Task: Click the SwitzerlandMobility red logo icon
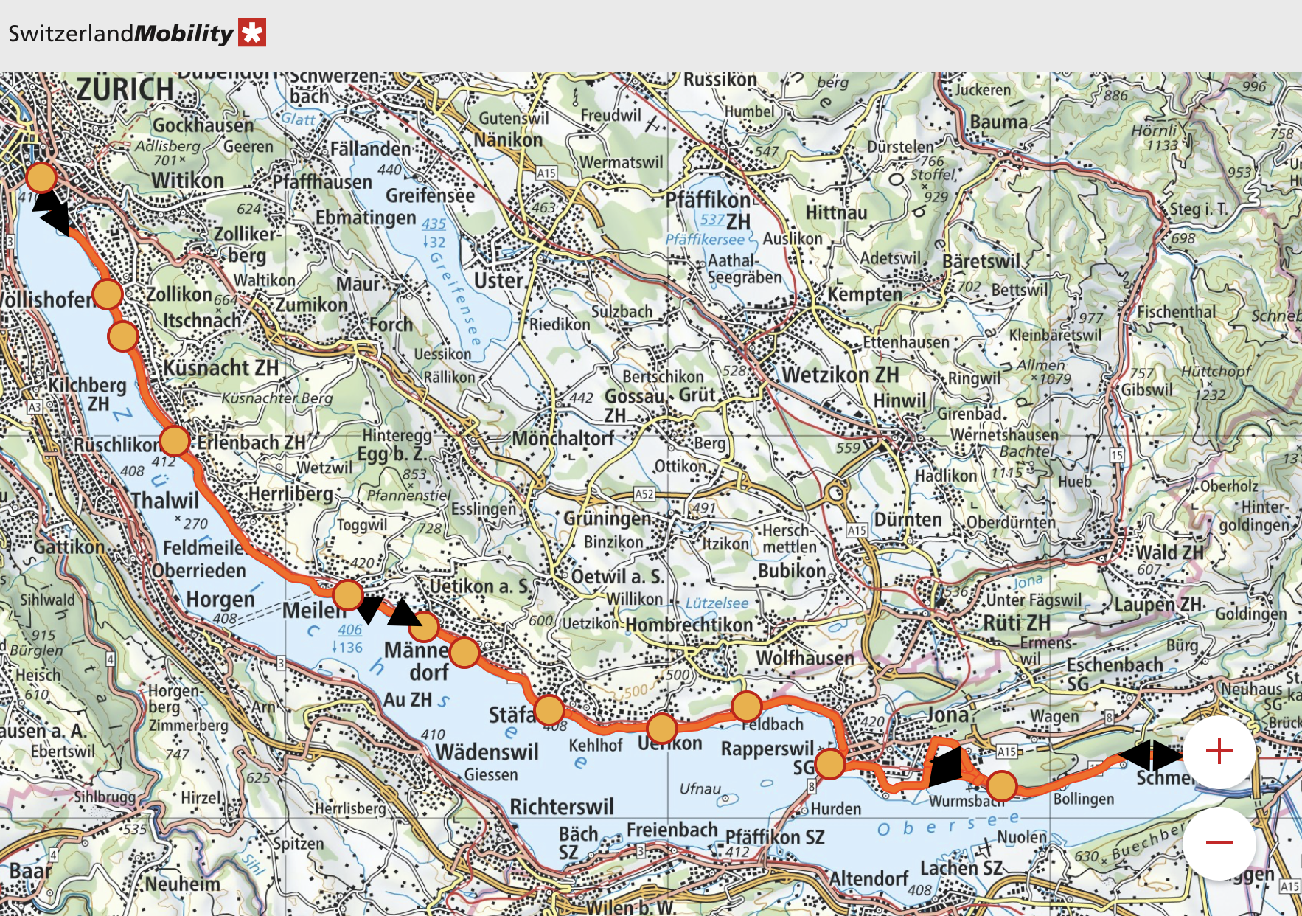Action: tap(251, 33)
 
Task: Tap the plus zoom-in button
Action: tap(1219, 752)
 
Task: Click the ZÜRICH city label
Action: tap(125, 90)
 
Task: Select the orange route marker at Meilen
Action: tap(347, 594)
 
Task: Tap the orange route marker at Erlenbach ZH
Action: tap(175, 441)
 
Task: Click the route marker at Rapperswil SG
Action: tap(830, 764)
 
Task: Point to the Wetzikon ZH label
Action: tap(840, 375)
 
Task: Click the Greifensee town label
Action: tap(430, 195)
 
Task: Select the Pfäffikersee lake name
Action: tap(705, 240)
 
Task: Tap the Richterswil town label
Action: tap(561, 806)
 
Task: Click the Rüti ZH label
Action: tap(1017, 623)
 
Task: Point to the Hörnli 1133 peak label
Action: tap(1155, 138)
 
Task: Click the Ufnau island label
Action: tap(700, 788)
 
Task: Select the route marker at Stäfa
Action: tap(549, 709)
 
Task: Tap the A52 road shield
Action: tap(644, 494)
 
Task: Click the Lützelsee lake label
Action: tap(717, 603)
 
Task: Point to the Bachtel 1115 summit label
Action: tap(1025, 461)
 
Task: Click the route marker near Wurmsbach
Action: tap(1001, 786)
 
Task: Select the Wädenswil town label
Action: tap(487, 752)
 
